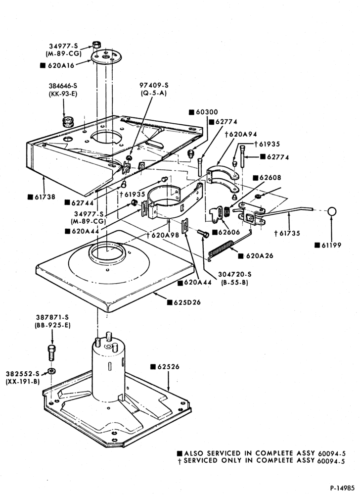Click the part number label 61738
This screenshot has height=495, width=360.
(45, 197)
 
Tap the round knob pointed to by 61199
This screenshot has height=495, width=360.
(332, 211)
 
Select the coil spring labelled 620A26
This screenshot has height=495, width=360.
(222, 248)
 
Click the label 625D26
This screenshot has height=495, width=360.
(188, 302)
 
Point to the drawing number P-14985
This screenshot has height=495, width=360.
(342, 487)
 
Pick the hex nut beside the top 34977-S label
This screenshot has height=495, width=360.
(96, 44)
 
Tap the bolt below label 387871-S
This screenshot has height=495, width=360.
(51, 353)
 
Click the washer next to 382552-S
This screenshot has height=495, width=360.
(51, 370)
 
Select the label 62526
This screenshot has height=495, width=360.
(168, 367)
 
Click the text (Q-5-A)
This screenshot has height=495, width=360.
(153, 93)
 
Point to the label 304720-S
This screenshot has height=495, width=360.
(235, 275)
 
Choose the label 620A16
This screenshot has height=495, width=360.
(61, 65)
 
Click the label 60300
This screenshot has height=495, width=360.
(207, 112)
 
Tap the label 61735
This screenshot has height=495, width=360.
(289, 234)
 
